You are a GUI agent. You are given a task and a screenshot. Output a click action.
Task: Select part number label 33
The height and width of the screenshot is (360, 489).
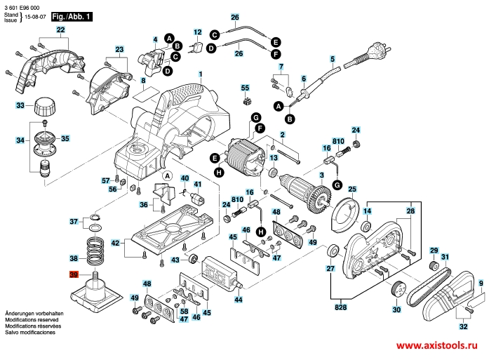(20, 105)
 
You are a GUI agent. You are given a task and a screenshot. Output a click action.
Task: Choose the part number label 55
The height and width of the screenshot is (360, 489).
(245, 88)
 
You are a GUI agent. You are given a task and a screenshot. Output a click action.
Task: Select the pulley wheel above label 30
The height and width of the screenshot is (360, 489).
(398, 288)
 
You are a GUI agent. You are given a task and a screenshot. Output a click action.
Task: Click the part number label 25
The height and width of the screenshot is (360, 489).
(352, 189)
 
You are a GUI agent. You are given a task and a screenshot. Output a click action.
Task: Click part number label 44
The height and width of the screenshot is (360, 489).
(239, 300)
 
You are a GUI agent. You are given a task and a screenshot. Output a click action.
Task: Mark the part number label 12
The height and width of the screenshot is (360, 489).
(197, 32)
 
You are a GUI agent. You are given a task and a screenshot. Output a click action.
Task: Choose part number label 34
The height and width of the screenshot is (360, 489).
(20, 140)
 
